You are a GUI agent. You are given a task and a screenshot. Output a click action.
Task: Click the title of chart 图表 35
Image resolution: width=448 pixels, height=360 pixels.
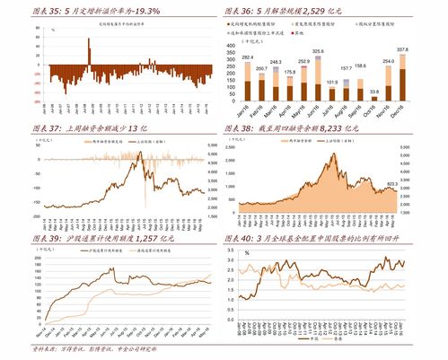click(108, 9)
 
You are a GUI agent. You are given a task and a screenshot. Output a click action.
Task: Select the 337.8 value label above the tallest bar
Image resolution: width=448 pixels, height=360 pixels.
click(402, 48)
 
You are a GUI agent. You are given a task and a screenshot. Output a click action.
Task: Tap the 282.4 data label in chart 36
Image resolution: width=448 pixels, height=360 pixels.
click(248, 57)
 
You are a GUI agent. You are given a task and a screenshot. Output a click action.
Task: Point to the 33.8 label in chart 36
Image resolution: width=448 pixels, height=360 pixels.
click(373, 92)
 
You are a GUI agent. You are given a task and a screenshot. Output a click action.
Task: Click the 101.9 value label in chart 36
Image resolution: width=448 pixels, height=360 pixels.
click(331, 82)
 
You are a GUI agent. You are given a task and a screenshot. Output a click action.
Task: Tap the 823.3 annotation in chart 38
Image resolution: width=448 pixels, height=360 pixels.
click(392, 184)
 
